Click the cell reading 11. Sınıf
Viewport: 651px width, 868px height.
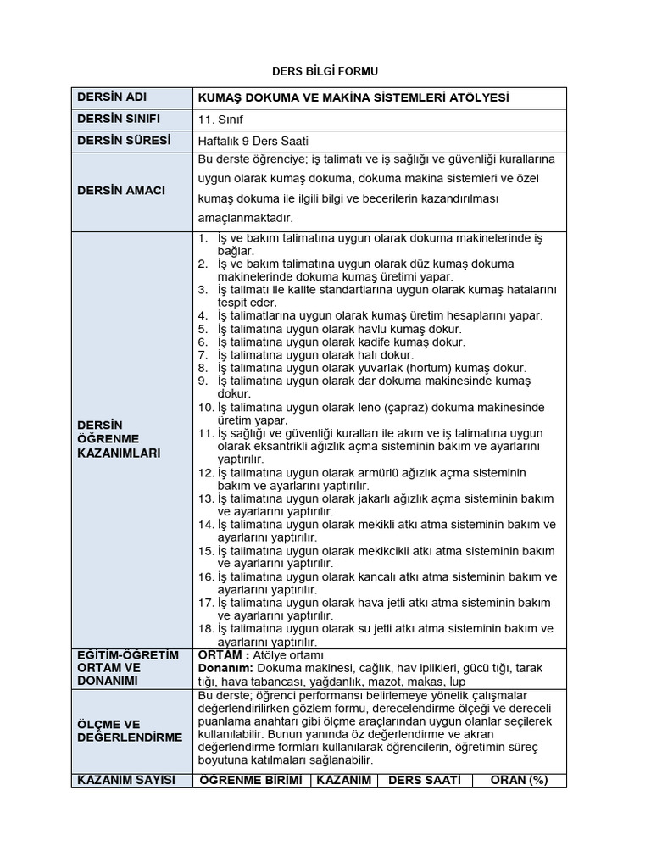pyautogui.click(x=220, y=120)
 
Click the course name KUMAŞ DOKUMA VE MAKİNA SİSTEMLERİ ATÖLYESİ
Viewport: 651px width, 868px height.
pyautogui.click(x=353, y=98)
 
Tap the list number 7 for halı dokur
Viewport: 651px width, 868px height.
pyautogui.click(x=203, y=355)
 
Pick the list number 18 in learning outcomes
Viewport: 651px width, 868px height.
pyautogui.click(x=205, y=628)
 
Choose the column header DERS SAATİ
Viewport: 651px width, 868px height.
pyautogui.click(x=424, y=780)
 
